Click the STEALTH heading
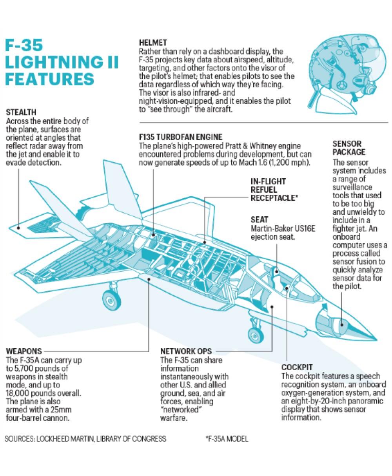click(22, 113)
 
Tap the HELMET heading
click(153, 42)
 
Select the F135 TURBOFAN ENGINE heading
click(181, 137)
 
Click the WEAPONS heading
click(24, 351)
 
